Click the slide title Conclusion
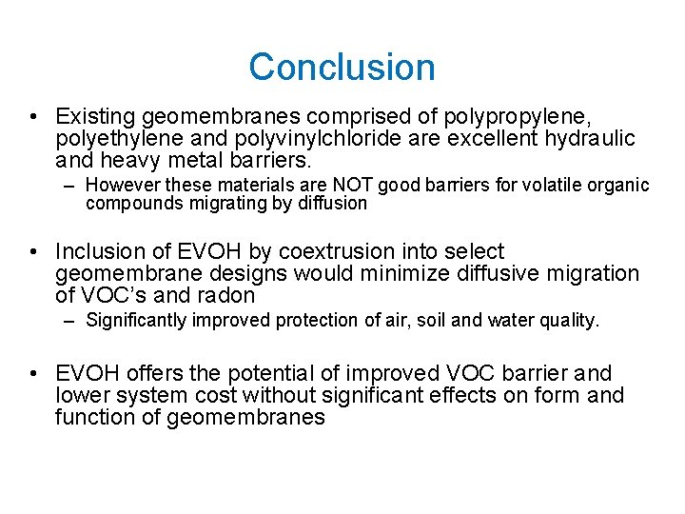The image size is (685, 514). point(342,68)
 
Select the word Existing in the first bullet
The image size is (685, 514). point(95,117)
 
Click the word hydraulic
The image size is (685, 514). point(589,139)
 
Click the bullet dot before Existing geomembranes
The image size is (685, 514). point(33,118)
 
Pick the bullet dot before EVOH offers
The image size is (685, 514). point(33,374)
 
